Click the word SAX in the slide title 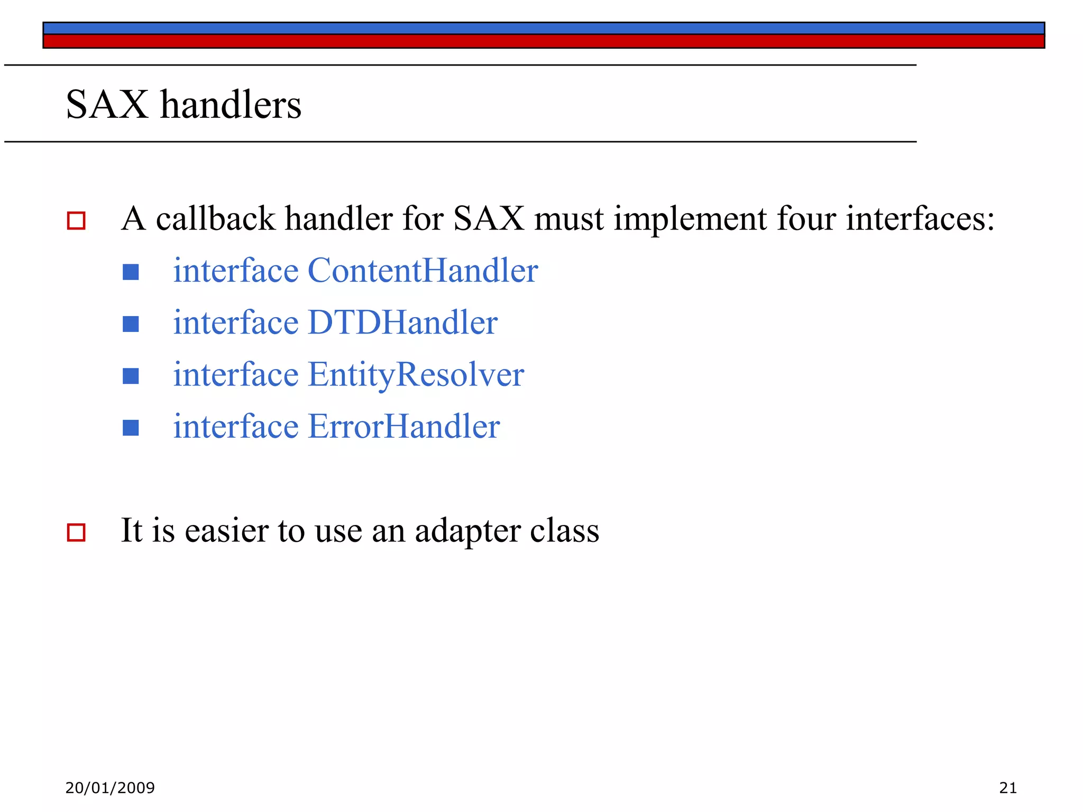click(x=107, y=105)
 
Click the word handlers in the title click(x=231, y=105)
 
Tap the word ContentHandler click(x=423, y=271)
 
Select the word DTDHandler click(x=402, y=322)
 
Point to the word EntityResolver click(x=416, y=375)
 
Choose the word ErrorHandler click(x=403, y=427)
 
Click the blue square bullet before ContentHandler click(x=131, y=272)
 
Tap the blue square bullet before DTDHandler click(x=131, y=324)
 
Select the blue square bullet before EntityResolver click(x=131, y=376)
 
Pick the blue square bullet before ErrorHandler click(x=131, y=428)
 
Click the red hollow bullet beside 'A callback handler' click(x=76, y=220)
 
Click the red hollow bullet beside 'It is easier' click(x=76, y=532)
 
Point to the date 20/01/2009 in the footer click(x=110, y=788)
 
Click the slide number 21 click(x=1008, y=788)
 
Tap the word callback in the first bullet click(x=215, y=219)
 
